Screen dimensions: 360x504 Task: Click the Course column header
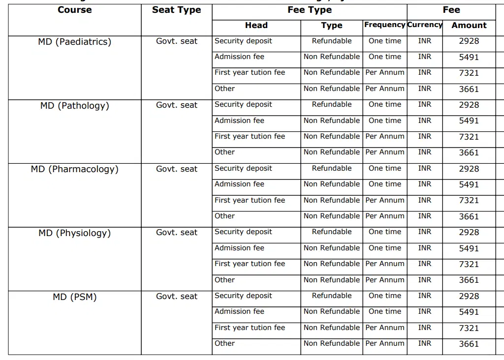[74, 10]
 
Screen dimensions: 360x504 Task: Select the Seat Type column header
[176, 10]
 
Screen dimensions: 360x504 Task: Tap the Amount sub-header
[469, 25]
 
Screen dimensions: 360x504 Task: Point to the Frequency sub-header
[385, 25]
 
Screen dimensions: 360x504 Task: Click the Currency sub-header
[425, 25]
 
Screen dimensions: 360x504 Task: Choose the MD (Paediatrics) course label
[74, 42]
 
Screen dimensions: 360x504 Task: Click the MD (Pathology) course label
[74, 106]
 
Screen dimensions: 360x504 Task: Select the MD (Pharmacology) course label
[74, 169]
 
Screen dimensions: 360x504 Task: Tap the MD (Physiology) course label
[74, 233]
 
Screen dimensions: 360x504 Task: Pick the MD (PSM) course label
[74, 297]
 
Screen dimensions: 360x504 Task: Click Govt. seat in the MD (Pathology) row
[176, 105]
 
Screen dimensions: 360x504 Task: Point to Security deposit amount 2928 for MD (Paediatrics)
[469, 41]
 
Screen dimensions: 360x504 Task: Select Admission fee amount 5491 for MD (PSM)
[469, 312]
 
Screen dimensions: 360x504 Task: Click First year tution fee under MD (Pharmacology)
[250, 200]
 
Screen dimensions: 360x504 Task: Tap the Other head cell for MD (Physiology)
[224, 280]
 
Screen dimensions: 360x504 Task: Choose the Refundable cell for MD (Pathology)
[331, 104]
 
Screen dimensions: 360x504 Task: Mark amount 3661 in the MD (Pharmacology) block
[469, 216]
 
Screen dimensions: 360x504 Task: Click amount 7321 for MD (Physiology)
[469, 264]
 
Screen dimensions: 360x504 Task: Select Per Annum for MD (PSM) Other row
[385, 343]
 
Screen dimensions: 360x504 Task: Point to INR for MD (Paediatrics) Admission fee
[425, 57]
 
